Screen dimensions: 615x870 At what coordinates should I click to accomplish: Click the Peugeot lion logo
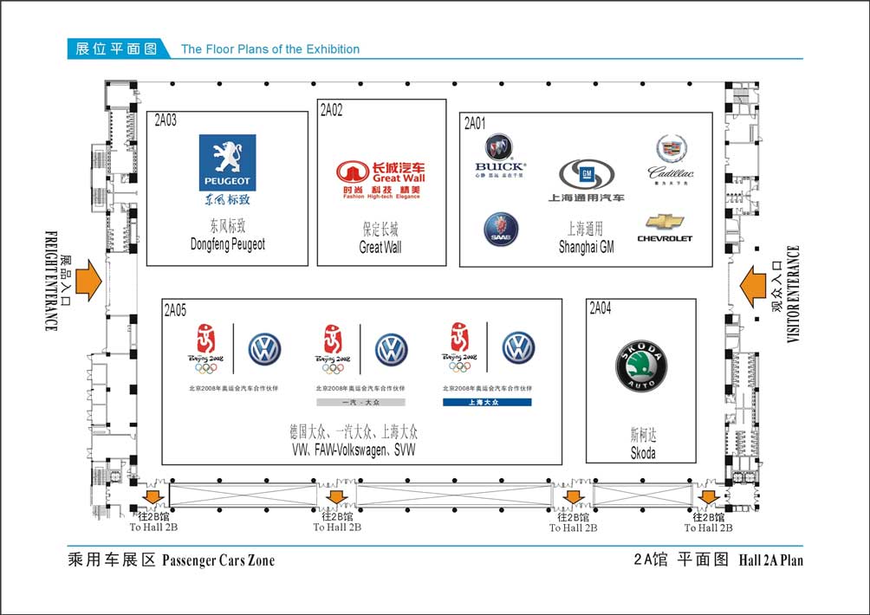tap(227, 162)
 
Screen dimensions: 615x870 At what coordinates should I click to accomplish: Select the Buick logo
tap(500, 153)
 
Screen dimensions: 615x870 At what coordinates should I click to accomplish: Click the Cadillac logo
tap(672, 156)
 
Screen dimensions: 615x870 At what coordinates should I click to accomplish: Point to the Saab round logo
tap(501, 229)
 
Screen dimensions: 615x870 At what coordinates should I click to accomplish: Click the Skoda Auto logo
tap(640, 367)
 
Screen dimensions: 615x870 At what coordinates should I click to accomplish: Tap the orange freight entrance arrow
tap(88, 282)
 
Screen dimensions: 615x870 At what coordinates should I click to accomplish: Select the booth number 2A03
tap(166, 121)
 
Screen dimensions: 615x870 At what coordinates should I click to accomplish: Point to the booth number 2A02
tap(332, 110)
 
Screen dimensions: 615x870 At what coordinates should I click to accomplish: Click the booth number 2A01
tap(475, 123)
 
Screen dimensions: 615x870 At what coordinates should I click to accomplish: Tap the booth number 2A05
tap(175, 309)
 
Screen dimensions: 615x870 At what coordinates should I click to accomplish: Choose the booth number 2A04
tap(600, 308)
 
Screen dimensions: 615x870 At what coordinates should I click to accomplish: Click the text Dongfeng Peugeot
tap(227, 245)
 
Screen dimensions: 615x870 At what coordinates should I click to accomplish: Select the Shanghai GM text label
tap(586, 247)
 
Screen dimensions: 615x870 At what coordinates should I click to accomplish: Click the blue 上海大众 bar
tap(487, 402)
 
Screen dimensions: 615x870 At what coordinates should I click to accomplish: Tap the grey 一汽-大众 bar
tap(360, 402)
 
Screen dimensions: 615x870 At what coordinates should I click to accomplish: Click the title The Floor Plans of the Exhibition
tap(270, 49)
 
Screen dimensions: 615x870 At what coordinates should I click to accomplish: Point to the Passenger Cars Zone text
tap(218, 560)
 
